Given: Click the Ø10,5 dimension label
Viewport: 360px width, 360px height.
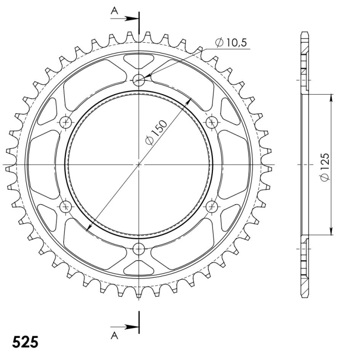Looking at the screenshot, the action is (x=231, y=43).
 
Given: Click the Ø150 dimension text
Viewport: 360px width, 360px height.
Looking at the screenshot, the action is (x=156, y=132).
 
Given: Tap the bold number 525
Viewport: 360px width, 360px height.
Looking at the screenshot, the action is (x=25, y=342).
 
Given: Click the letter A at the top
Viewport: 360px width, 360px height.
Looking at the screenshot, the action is (x=114, y=11).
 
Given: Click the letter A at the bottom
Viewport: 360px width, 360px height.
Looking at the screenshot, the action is (x=114, y=336).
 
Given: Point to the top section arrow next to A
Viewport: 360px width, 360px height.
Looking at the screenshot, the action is (x=124, y=19).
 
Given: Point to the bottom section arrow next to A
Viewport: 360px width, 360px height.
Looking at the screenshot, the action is (x=124, y=327).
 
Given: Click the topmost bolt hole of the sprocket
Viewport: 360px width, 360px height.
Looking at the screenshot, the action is (x=139, y=80).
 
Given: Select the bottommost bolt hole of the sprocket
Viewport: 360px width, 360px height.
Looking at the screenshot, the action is (x=139, y=249).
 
